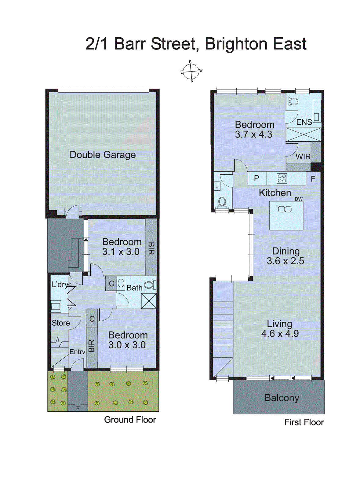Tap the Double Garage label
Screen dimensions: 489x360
point(103,155)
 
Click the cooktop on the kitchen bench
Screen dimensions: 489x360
point(282,178)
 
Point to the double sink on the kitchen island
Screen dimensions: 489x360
point(285,209)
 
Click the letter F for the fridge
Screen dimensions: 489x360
point(313,179)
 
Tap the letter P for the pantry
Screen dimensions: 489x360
point(256,178)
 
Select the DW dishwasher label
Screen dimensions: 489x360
point(299,199)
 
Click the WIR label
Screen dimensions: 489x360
point(303,157)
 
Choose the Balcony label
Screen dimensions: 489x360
point(282,398)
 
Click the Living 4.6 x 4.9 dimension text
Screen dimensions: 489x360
point(280,333)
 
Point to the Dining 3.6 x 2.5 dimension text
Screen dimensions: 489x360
point(285,261)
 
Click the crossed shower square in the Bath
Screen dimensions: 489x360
point(149,301)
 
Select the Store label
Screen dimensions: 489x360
point(61,323)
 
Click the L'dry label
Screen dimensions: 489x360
point(60,285)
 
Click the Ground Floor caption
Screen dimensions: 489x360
point(130,420)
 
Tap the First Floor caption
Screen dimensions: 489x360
point(304,422)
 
